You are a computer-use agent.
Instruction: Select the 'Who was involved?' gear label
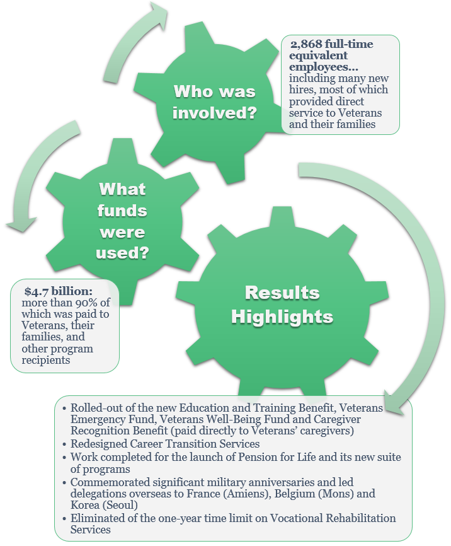point(214,102)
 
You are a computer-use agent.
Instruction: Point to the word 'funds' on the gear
point(122,211)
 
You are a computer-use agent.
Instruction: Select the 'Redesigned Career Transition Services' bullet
point(164,444)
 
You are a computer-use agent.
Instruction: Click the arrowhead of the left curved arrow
point(17,224)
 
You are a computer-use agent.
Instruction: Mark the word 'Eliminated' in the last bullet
point(97,518)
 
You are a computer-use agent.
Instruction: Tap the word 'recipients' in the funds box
point(47,360)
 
